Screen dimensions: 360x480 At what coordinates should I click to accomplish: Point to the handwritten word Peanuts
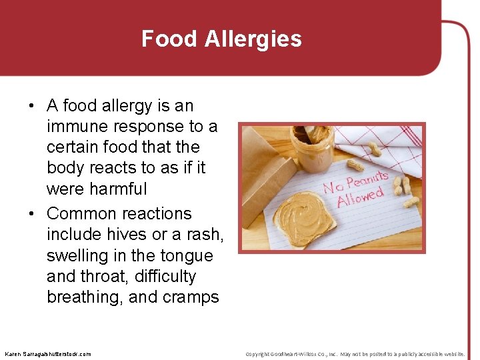coord(364,180)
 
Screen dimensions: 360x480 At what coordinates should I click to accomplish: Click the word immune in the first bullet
coord(78,127)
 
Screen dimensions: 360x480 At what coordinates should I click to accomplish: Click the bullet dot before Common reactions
coord(32,214)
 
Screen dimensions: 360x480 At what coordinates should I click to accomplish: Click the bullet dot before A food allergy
coord(32,106)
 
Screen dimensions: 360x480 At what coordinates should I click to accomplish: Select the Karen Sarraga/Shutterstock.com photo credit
coord(47,353)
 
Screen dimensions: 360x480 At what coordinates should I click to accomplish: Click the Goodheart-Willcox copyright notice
coord(355,353)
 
